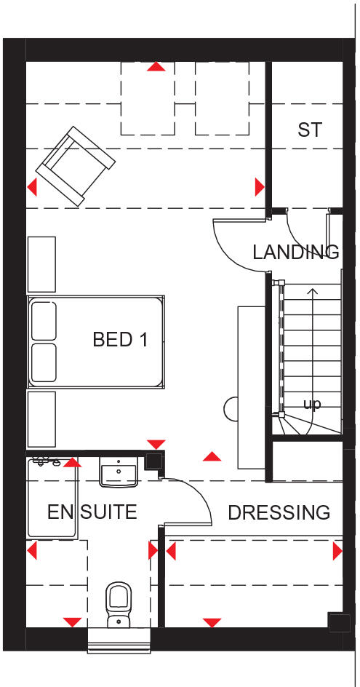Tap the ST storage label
pos(310,130)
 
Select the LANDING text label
pos(295,253)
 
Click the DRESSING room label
pos(279,512)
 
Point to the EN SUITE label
pos(92,512)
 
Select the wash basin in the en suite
pos(119,474)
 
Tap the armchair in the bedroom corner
pos(76,165)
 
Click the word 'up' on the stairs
pos(311,404)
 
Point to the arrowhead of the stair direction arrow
pos(313,291)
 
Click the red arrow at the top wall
pos(156,67)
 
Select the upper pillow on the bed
pos(44,320)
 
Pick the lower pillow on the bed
pos(44,362)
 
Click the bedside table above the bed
pos(41,263)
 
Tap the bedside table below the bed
pos(41,418)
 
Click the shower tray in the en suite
pos(51,499)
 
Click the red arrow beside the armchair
pos(32,188)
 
